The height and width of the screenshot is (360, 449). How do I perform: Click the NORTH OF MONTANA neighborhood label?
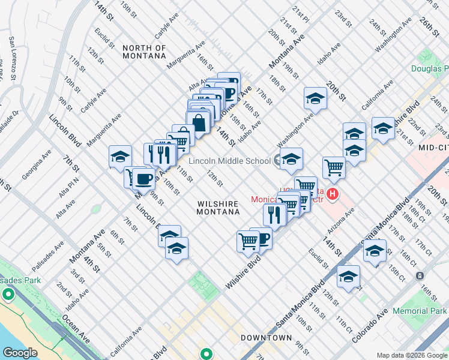(144, 52)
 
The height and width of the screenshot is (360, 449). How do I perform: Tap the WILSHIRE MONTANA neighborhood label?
(218, 208)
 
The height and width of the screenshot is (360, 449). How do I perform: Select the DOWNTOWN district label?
(266, 338)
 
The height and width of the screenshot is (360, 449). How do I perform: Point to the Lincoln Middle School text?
(229, 161)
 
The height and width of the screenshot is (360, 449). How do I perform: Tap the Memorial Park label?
(420, 311)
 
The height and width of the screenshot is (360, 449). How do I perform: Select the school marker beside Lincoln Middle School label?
(291, 159)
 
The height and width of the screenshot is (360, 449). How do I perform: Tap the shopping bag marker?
(198, 122)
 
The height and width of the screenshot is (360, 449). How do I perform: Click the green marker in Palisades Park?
(8, 295)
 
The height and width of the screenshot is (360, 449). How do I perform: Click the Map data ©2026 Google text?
(412, 355)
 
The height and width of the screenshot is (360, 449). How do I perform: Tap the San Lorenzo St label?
(12, 58)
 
